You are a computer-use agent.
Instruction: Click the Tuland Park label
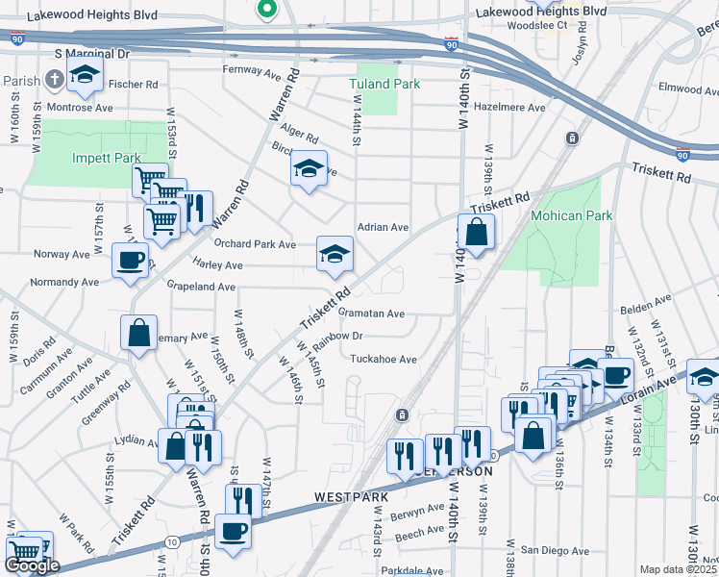[x=384, y=84]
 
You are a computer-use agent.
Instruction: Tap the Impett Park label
[x=106, y=158]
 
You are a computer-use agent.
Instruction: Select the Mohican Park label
[x=571, y=215]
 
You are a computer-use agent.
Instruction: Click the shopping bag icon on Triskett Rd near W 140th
[x=476, y=233]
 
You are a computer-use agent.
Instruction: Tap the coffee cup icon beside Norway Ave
[x=131, y=260]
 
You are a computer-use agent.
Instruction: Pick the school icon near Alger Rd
[x=309, y=168]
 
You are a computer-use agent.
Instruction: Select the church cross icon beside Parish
[x=55, y=77]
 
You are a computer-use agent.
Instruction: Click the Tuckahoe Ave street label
[x=383, y=359]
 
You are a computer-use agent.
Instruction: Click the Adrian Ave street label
[x=383, y=228]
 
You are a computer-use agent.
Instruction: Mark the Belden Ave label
[x=644, y=309]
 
